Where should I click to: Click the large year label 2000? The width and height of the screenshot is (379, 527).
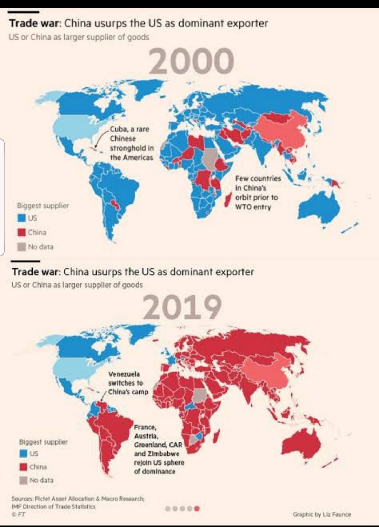tap(191, 61)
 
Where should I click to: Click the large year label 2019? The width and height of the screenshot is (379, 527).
tap(182, 307)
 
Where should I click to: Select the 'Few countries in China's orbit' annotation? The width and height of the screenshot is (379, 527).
tap(258, 193)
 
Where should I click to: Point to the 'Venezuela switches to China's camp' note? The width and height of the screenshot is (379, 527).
tap(128, 383)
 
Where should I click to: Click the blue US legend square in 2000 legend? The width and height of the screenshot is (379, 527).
tap(22, 218)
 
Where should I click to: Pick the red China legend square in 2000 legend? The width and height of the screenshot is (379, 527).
tap(22, 232)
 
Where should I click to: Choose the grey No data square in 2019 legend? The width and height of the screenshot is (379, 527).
tap(24, 480)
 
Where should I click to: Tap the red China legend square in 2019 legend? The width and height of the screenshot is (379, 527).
tap(24, 467)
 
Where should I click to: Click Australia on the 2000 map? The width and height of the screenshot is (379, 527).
tap(319, 207)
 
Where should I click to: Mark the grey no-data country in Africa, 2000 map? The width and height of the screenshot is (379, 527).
tap(210, 159)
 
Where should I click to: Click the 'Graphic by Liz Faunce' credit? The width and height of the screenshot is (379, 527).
tap(322, 514)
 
